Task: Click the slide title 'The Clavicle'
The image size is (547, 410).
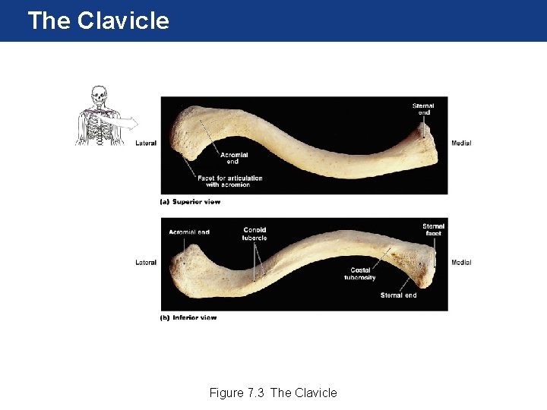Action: pos(98,20)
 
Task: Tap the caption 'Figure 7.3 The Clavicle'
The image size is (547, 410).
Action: pos(273,393)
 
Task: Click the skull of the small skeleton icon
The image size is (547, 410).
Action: pos(97,95)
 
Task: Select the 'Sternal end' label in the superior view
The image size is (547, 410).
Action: pos(423,109)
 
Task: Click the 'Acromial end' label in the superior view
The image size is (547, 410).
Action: pos(232,158)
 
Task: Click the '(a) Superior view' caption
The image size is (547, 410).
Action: pos(190,202)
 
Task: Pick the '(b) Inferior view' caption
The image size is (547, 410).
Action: pos(188,317)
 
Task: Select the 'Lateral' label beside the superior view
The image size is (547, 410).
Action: pos(146,143)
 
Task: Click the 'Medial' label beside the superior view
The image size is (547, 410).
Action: pos(461,143)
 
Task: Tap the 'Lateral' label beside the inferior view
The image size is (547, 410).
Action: pos(146,263)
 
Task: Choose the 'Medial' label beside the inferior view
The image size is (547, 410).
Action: pos(461,263)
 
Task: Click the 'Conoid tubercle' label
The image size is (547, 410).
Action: pos(255,234)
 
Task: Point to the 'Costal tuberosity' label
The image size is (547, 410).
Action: pos(360,274)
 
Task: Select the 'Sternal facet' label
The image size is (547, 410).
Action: pos(433,230)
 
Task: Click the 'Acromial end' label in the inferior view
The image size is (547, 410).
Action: pos(189,232)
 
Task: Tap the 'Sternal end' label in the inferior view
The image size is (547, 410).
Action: pos(398,295)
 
